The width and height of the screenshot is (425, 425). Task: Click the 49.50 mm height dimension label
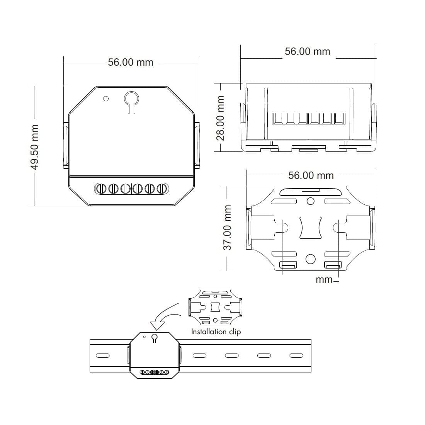click(x=34, y=147)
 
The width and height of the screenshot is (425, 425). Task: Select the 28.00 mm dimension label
click(x=221, y=118)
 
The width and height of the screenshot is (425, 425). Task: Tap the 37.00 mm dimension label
click(x=227, y=228)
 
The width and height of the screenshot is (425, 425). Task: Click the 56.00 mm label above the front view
click(x=131, y=62)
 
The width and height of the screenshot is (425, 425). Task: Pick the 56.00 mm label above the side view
click(x=308, y=51)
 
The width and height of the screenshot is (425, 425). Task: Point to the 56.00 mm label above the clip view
click(x=311, y=175)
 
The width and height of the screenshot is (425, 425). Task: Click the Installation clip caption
click(x=216, y=331)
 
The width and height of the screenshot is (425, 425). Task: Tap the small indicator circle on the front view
click(x=106, y=99)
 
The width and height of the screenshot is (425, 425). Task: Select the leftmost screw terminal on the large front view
click(x=101, y=189)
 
